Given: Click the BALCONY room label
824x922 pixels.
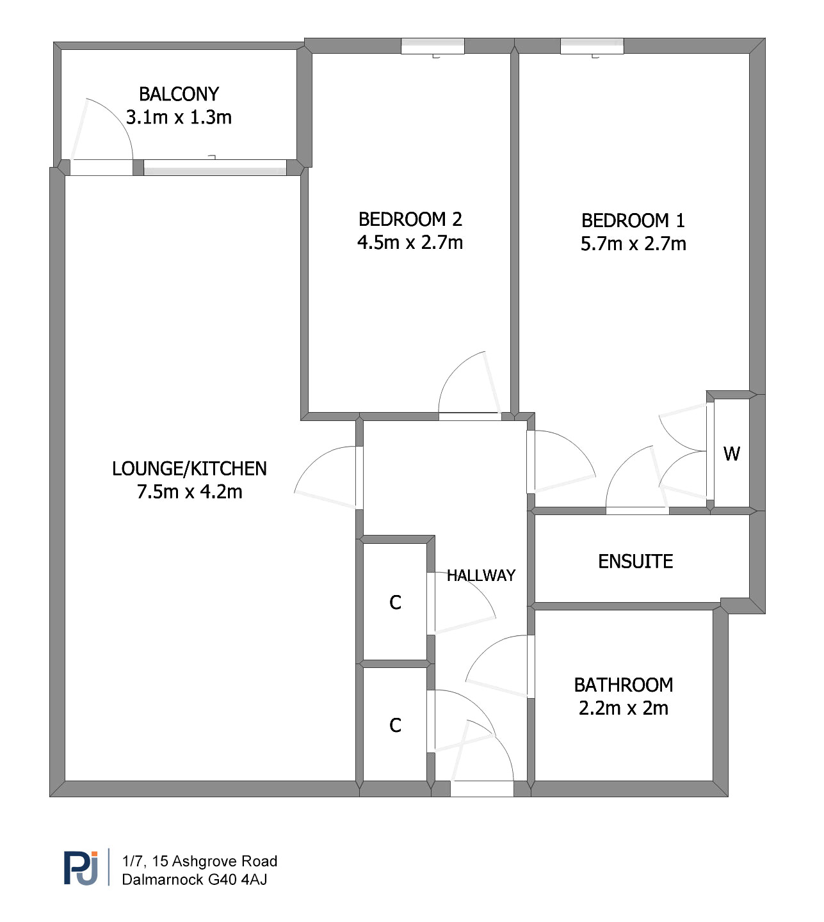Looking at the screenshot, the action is click(179, 94).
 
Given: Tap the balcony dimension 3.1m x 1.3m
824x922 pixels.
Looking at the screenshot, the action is click(179, 118).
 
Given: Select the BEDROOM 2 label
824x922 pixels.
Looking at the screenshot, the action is click(410, 219).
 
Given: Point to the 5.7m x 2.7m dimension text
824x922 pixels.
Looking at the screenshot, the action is click(633, 244).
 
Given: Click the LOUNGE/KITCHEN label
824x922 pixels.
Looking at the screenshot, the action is click(190, 469).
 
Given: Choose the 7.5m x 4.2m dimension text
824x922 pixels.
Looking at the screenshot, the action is click(190, 492).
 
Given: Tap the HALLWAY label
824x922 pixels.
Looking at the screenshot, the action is click(481, 576).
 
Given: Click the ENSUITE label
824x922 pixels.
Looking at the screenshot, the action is click(635, 562).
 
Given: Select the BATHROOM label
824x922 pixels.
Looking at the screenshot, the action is click(624, 685).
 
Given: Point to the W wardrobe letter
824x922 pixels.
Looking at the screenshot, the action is click(732, 454).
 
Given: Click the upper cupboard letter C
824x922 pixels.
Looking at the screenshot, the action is click(396, 603).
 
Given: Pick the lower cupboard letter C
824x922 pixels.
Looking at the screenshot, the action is click(396, 726).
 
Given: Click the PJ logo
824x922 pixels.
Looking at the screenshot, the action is click(81, 868).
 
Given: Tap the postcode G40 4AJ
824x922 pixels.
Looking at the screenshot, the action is click(238, 880).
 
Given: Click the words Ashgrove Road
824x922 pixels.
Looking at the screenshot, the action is click(225, 861).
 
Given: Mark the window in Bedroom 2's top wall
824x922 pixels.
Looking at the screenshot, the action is click(433, 46).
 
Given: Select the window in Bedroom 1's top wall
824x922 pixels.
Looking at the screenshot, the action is click(592, 46).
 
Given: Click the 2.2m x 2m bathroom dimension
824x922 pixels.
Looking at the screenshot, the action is click(624, 708).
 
